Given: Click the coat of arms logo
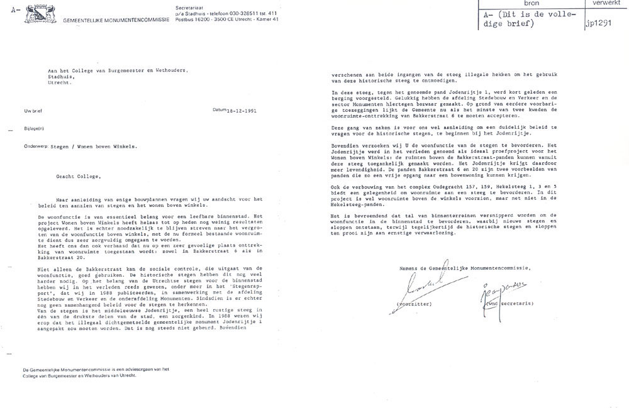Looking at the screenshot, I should point(40,12).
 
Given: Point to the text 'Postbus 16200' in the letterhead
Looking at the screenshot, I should point(200,20).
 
